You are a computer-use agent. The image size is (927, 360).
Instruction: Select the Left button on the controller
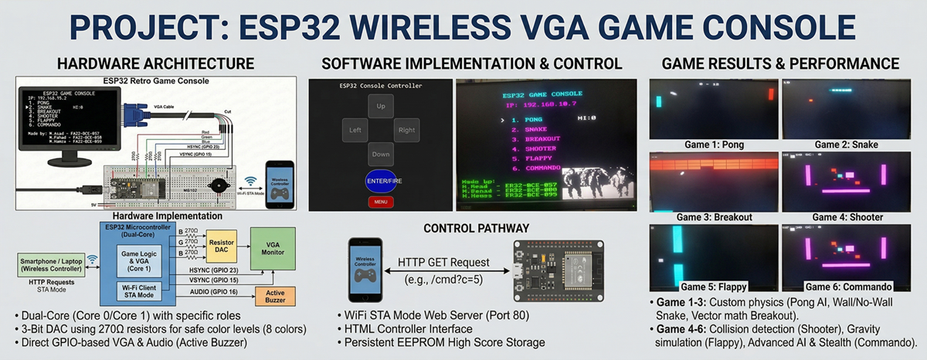(x=355, y=131)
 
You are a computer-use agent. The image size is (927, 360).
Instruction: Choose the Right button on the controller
(x=406, y=131)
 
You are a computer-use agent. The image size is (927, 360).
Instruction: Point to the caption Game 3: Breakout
(x=712, y=217)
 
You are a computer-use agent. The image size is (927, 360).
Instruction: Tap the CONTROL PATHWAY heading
(x=476, y=229)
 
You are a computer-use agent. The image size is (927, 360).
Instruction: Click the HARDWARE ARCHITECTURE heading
(x=155, y=63)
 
